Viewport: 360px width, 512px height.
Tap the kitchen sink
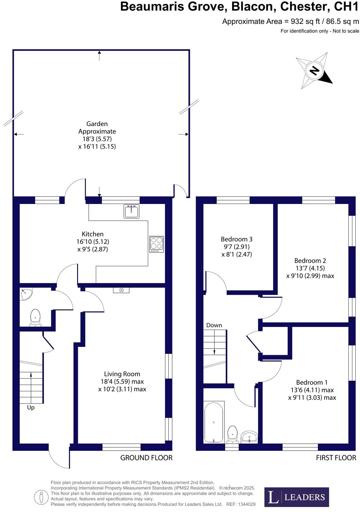(132, 211)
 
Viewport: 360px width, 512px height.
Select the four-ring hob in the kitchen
(156, 244)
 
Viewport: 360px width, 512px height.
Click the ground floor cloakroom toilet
(35, 318)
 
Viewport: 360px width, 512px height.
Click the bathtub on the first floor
(214, 422)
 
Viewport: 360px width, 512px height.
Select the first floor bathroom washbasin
(250, 437)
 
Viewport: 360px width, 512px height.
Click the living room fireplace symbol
(121, 290)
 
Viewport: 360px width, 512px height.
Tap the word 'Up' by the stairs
(31, 408)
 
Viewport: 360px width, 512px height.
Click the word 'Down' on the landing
(214, 325)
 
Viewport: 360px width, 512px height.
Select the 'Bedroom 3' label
(237, 239)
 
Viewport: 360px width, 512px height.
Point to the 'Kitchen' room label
(93, 234)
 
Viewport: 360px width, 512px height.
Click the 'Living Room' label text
(122, 374)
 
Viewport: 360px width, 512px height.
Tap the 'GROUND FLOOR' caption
(146, 458)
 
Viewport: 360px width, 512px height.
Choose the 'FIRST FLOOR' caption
(336, 458)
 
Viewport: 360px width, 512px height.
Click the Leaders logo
(297, 497)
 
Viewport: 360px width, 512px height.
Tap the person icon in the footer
(41, 497)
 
